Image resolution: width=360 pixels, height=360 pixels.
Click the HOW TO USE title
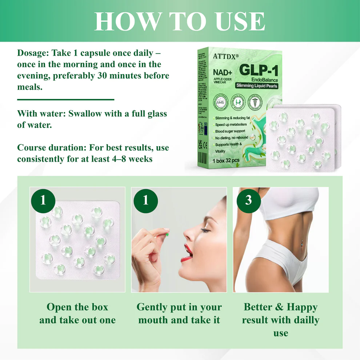[x=180, y=21]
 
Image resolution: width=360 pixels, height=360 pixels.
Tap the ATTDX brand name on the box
[x=223, y=56]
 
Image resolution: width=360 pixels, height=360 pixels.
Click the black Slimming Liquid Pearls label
[x=257, y=86]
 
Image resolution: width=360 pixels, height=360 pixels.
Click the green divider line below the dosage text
[x=66, y=99]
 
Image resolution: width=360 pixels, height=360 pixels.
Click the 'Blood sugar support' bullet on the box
[x=230, y=131]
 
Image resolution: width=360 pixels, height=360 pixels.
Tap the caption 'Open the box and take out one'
[x=77, y=313]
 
